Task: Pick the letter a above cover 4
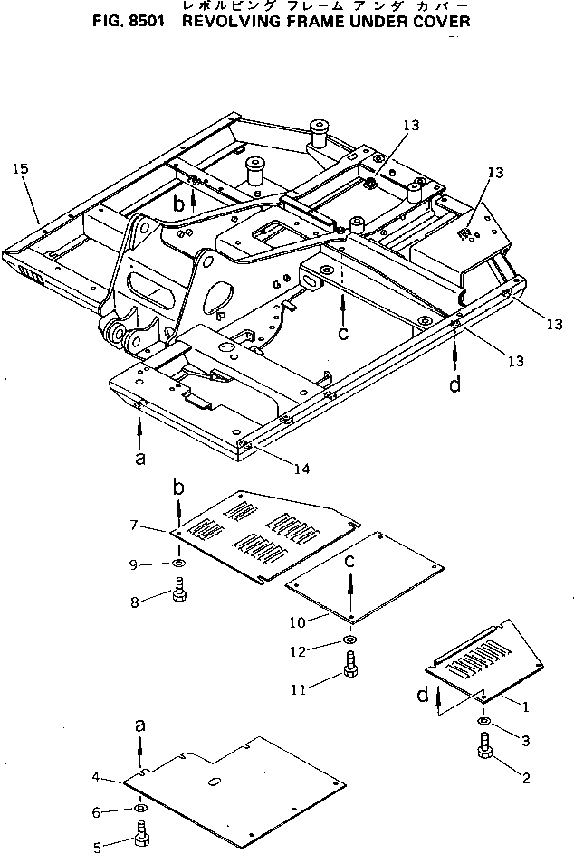pos(139,725)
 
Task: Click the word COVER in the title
pos(438,20)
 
